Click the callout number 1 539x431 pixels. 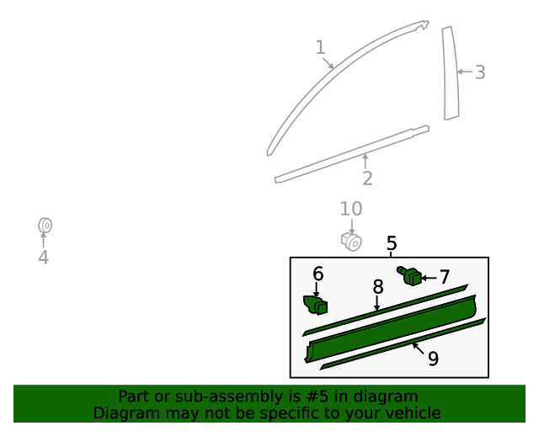(x=320, y=48)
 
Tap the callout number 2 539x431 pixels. (x=367, y=178)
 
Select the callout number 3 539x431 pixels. (x=480, y=72)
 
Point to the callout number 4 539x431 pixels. (x=43, y=258)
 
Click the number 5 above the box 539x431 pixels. (x=392, y=244)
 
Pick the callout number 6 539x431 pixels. (x=318, y=274)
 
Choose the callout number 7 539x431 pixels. (x=444, y=277)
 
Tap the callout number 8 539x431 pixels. (x=378, y=287)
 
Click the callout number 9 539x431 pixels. (x=433, y=359)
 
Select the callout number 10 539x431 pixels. (x=351, y=209)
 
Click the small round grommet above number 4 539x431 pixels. (x=45, y=226)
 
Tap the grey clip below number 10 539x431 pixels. (x=352, y=242)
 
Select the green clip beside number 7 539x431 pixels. (x=412, y=275)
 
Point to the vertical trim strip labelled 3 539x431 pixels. (x=451, y=73)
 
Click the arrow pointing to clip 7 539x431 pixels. (x=428, y=277)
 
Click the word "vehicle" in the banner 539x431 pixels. (x=410, y=413)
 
